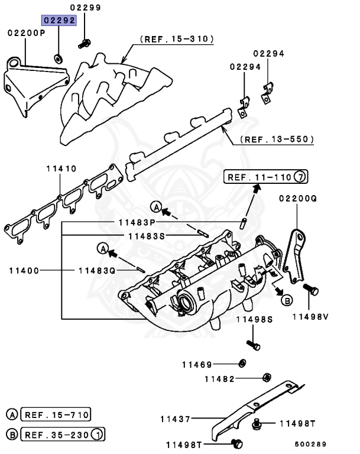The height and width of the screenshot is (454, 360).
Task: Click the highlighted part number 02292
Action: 58,20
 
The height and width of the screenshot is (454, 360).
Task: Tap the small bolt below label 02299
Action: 85,43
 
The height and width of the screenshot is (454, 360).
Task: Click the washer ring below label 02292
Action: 59,58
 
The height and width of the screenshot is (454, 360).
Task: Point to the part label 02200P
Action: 26,33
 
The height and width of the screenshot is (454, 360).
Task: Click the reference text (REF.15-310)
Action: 177,40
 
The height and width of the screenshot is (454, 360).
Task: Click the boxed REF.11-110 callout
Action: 260,177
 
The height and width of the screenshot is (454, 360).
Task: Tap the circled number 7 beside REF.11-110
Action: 301,177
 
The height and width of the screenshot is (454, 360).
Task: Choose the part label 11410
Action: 61,168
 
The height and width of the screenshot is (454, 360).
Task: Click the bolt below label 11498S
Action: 252,345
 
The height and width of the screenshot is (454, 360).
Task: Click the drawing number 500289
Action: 311,444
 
